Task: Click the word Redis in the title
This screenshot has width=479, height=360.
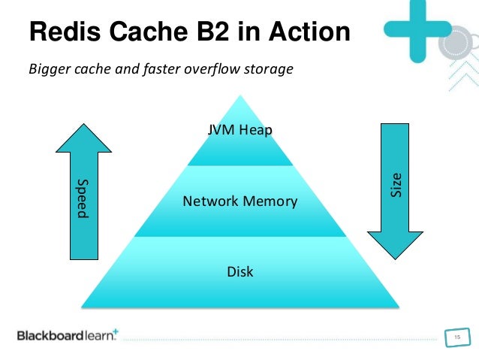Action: (x=65, y=32)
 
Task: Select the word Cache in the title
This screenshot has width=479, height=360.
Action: (x=149, y=32)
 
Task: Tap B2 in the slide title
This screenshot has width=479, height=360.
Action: (x=213, y=32)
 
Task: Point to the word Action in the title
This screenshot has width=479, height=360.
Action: (x=309, y=32)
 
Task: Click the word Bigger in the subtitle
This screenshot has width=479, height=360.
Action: (x=50, y=69)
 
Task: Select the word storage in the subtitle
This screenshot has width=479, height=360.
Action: (x=269, y=70)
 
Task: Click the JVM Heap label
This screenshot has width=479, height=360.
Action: (x=239, y=130)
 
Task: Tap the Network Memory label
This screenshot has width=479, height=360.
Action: (x=240, y=201)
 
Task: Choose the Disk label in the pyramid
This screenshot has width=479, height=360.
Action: (x=240, y=271)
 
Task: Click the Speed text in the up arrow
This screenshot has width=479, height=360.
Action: (x=83, y=198)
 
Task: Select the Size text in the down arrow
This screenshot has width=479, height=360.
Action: (x=396, y=185)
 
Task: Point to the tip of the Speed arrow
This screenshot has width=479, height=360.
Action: (x=83, y=124)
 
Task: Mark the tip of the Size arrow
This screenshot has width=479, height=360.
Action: (x=396, y=259)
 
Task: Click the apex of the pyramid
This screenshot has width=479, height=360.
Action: (x=240, y=95)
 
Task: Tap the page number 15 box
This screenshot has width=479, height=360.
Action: (x=457, y=337)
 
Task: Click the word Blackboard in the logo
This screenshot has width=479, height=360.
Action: (x=50, y=335)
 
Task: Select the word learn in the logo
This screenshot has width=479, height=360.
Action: (x=99, y=336)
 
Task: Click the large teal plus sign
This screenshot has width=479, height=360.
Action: (x=417, y=29)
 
